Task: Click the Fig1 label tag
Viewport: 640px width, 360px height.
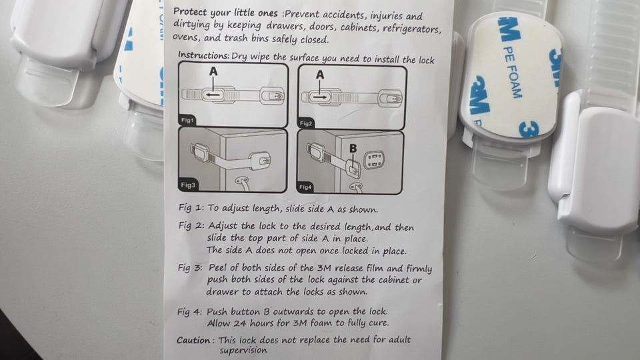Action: coord(187,120)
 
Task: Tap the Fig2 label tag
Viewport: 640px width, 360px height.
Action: coord(306,123)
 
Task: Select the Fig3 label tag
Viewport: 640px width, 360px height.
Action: coord(188,185)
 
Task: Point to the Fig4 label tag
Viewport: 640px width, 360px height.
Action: coord(305,187)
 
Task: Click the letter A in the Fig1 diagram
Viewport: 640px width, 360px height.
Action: coord(213,72)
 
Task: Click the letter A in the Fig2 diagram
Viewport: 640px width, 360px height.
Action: coord(320,75)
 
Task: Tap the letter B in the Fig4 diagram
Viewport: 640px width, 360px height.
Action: coord(353,149)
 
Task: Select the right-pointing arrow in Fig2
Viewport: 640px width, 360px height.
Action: coord(319,97)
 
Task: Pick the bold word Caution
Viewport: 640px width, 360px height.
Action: coord(194,340)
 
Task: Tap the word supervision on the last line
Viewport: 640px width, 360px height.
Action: coord(243,350)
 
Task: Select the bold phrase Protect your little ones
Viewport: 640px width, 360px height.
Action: coord(225,12)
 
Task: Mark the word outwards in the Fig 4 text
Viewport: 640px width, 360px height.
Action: coord(293,311)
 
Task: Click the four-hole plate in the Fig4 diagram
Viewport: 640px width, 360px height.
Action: coord(374,159)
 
